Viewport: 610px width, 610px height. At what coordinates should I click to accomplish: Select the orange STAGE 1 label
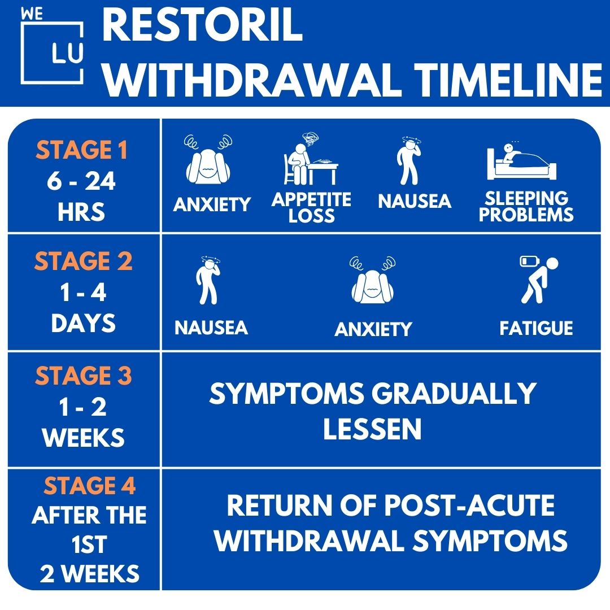pos(82,151)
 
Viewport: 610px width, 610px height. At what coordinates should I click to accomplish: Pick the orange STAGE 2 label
pos(83,262)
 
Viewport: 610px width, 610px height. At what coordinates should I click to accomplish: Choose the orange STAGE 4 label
pos(89,486)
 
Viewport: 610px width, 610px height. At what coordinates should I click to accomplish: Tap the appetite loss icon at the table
pos(310,162)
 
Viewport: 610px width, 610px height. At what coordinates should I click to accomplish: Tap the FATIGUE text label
pos(536,328)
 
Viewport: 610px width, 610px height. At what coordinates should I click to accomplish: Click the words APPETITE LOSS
pos(311,207)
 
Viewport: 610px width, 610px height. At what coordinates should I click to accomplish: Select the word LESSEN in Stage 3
pos(372,429)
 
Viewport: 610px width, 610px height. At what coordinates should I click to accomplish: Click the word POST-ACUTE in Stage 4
pos(469,506)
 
